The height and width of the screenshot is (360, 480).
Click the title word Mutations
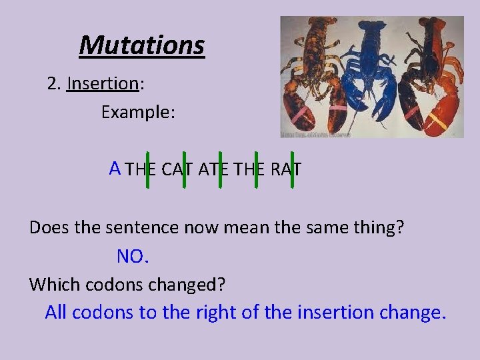point(141,45)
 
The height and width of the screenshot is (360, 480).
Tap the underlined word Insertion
point(102,84)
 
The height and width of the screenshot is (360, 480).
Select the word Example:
point(138,113)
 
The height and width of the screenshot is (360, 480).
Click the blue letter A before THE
point(115,167)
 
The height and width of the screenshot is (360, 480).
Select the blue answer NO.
point(131,256)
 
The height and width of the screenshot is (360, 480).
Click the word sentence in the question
point(138,227)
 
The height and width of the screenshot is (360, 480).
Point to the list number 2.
point(53,84)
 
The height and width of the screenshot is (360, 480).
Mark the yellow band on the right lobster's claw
point(437,122)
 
